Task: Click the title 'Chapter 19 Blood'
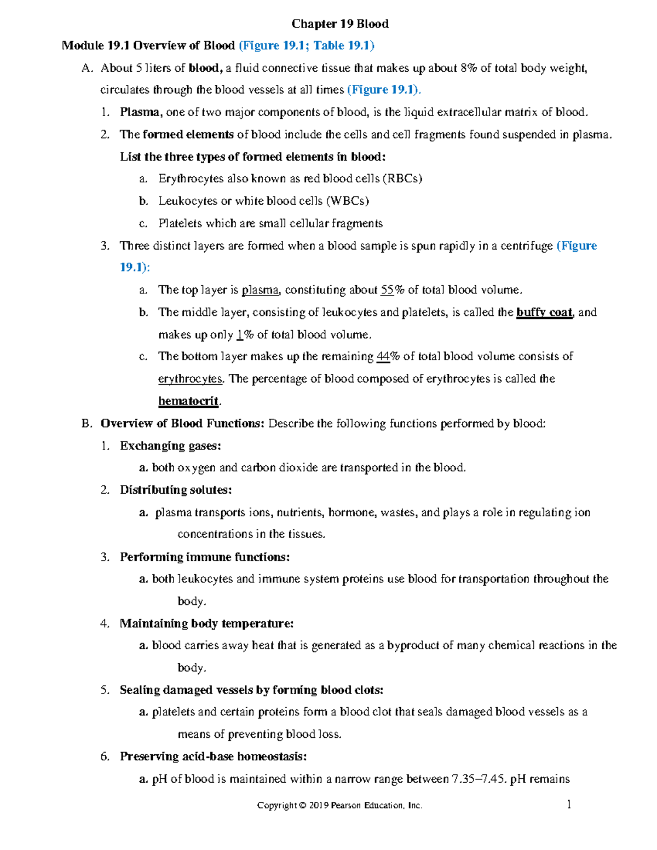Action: (340, 24)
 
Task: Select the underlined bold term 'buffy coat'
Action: (544, 313)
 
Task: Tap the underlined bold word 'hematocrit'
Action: (188, 401)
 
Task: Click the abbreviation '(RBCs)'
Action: (402, 178)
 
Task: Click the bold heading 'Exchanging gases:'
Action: (170, 446)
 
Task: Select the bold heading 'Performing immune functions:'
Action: (205, 557)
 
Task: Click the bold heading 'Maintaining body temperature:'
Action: (206, 623)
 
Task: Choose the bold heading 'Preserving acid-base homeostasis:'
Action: (213, 756)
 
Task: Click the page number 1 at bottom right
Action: (569, 804)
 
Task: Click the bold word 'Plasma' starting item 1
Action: (140, 112)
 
